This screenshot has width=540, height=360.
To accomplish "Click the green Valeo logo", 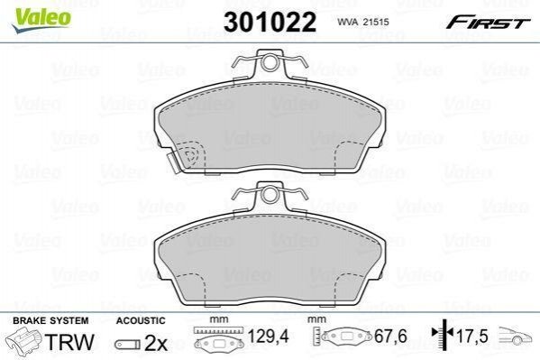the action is pyautogui.click(x=41, y=20).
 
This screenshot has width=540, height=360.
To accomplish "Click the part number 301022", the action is pyautogui.click(x=270, y=22).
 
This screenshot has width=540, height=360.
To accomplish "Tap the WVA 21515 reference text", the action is pyautogui.click(x=363, y=22).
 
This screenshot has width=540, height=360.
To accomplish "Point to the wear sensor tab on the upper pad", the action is pyautogui.click(x=172, y=162).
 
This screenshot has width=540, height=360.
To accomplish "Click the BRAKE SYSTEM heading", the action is pyautogui.click(x=50, y=320).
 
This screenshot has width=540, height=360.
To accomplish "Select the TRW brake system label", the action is pyautogui.click(x=69, y=342).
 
